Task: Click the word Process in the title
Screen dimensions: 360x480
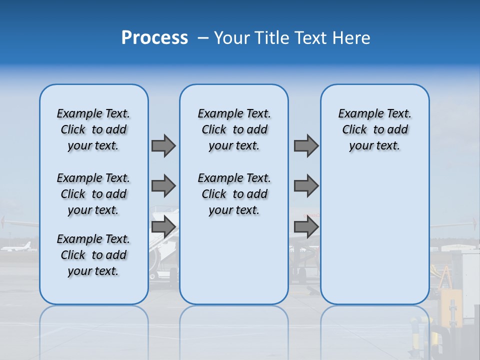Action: click(x=154, y=38)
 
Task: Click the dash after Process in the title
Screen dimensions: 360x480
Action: click(x=203, y=38)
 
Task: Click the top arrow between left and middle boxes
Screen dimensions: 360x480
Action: click(x=163, y=145)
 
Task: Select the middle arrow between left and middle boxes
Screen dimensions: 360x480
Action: click(x=163, y=186)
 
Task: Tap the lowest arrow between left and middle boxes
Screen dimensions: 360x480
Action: click(x=163, y=227)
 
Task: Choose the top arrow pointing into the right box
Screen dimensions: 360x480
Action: click(x=306, y=145)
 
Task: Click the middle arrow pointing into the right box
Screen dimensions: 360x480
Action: click(x=306, y=186)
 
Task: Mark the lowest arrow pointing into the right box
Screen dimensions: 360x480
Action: click(x=306, y=227)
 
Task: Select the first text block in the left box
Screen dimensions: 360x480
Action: click(x=93, y=129)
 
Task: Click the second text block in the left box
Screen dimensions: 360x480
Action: click(x=93, y=194)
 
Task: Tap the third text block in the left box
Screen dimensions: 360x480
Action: click(x=93, y=255)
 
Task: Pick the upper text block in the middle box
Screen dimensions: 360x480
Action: click(x=234, y=129)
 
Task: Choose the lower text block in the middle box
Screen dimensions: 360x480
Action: click(x=234, y=194)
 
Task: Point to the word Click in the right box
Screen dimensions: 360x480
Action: click(x=354, y=130)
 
